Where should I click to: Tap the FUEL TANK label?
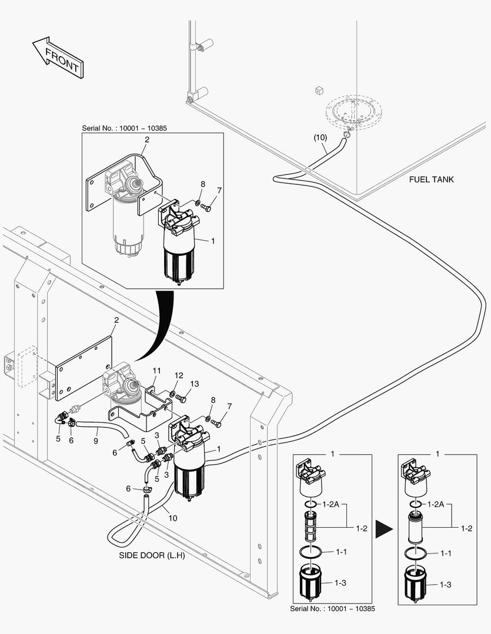pos(431,180)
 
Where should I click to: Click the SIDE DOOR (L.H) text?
pos(152,555)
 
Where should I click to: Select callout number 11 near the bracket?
pos(156,371)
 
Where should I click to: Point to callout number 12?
pos(178,376)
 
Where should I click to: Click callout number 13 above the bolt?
pos(194,383)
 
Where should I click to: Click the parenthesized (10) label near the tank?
pos(320,137)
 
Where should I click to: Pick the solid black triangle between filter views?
pos(384,528)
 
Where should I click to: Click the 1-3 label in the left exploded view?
pos(340,583)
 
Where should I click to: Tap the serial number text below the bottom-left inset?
pos(332,609)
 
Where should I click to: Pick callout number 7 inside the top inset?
pos(219,190)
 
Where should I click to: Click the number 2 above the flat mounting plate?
pos(116,321)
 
